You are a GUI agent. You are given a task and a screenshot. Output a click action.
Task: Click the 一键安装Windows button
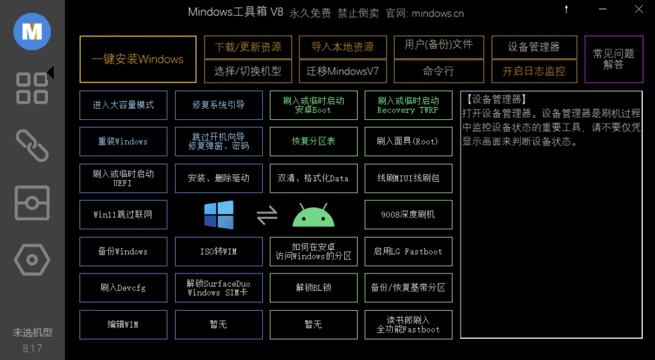138,60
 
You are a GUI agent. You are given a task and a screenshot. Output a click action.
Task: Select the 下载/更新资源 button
248,47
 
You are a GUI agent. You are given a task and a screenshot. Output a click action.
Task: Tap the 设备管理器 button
535,47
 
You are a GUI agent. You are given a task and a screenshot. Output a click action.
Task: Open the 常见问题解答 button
613,60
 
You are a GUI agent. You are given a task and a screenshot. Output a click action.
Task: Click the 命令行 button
439,71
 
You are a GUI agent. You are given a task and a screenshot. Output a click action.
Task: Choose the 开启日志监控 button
535,71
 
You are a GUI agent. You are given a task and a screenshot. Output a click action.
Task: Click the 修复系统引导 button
219,105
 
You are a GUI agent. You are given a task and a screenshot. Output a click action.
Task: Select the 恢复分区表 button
313,142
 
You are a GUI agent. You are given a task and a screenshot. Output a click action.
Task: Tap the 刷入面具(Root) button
408,142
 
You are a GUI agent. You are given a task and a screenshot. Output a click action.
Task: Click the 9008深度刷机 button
408,215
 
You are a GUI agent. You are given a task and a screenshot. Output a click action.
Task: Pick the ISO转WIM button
219,251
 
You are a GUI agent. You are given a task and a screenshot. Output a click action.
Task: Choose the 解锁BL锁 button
313,288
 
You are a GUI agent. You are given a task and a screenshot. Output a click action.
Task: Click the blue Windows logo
219,215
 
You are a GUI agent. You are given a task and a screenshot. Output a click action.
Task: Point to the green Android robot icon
313,215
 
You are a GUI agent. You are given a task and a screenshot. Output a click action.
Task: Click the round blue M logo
32,32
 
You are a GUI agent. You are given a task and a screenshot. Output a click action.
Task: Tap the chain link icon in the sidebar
32,145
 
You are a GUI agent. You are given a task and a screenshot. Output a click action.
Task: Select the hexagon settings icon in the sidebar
32,260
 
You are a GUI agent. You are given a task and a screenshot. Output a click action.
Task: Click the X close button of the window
639,9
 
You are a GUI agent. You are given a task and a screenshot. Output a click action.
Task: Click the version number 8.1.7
32,348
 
